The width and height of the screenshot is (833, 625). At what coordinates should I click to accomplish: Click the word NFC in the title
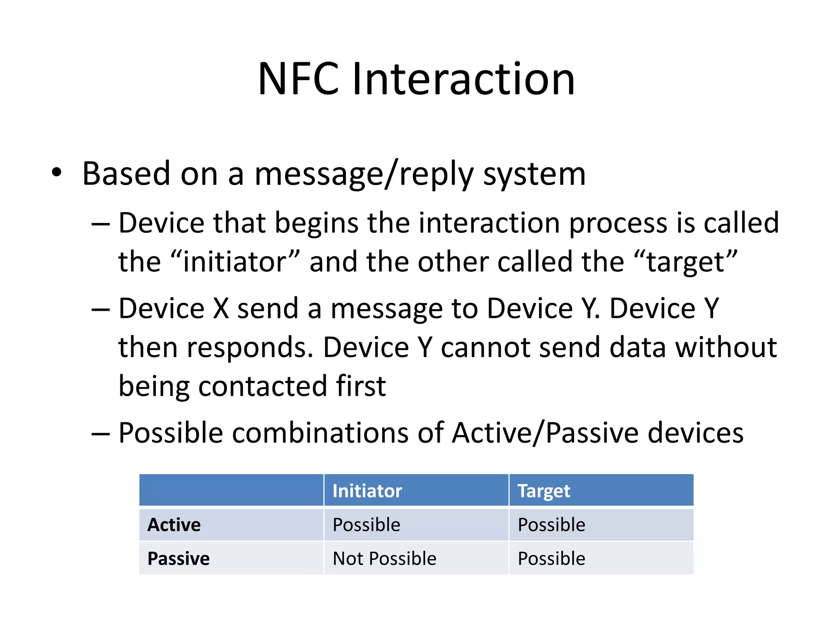coord(298,79)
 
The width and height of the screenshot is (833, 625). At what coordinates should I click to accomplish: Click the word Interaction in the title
coord(463,79)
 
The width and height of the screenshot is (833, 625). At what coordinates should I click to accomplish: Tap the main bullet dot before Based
coord(57,173)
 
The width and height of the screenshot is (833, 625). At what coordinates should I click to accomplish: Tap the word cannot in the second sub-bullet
coord(486,348)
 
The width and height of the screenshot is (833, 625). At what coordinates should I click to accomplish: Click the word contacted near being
coord(262,386)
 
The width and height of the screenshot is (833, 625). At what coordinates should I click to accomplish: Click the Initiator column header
coord(367,491)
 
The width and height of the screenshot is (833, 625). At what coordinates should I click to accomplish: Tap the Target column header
coord(543,491)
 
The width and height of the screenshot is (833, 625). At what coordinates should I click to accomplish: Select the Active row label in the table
coord(174,524)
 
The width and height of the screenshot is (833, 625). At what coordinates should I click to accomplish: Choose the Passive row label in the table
coord(179,558)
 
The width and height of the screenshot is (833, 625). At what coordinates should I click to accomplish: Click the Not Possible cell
coord(384,558)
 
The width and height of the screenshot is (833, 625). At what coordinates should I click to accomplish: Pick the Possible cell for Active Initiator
coord(366,524)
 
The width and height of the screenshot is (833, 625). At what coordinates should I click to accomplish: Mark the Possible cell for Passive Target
coord(551,558)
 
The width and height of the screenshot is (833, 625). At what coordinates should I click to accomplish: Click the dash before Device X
coord(100,310)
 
